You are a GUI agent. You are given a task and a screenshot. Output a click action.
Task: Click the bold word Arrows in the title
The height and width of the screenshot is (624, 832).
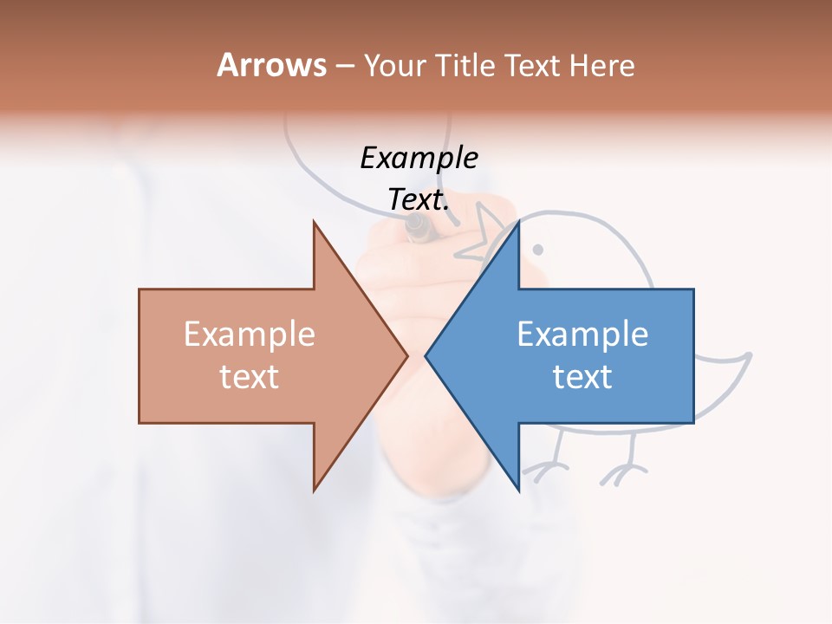tap(270, 65)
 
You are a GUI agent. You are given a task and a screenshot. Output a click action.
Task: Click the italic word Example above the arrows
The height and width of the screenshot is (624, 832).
tap(419, 158)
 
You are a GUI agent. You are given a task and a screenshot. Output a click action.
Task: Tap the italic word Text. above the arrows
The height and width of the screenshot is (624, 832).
tap(419, 200)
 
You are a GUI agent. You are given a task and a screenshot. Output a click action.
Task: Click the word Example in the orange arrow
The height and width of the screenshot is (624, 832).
tap(250, 335)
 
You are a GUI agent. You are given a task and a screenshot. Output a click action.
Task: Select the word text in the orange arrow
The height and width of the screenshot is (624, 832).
tap(250, 377)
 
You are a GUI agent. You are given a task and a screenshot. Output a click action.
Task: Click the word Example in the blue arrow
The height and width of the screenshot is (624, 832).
tap(582, 335)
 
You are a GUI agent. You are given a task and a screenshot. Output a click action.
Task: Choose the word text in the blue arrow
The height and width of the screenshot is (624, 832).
tap(582, 377)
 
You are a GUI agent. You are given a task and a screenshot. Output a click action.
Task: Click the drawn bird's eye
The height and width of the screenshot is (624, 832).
tap(537, 250)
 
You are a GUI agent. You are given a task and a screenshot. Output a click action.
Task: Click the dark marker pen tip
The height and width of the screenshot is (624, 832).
tap(418, 229)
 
